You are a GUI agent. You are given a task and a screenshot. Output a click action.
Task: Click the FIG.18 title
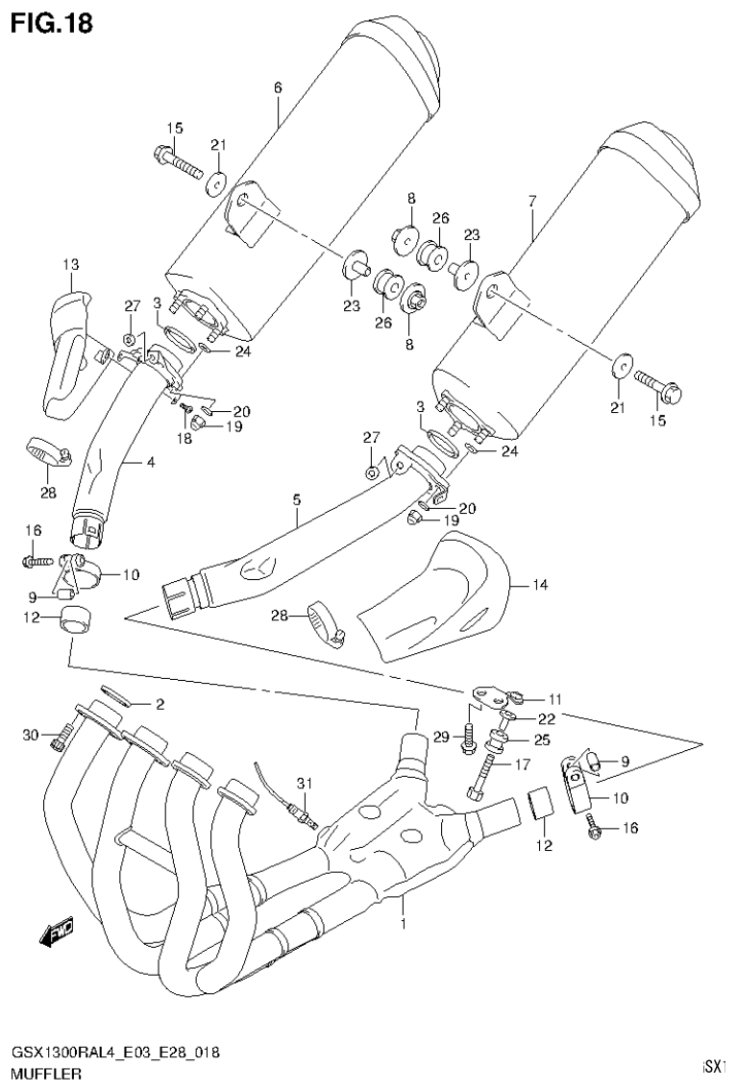(x=53, y=23)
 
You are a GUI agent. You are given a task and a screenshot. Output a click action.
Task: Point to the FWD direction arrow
(x=56, y=933)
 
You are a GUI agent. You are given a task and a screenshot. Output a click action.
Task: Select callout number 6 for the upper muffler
(x=278, y=87)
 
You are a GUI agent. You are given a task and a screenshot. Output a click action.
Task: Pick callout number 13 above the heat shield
(x=71, y=264)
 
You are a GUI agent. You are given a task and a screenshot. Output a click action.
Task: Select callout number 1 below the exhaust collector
(x=404, y=924)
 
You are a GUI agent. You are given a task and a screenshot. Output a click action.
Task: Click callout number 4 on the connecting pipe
(x=151, y=462)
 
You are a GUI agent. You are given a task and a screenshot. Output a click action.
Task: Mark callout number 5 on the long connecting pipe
(x=297, y=499)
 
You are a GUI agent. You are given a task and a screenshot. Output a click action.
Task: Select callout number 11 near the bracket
(x=553, y=698)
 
